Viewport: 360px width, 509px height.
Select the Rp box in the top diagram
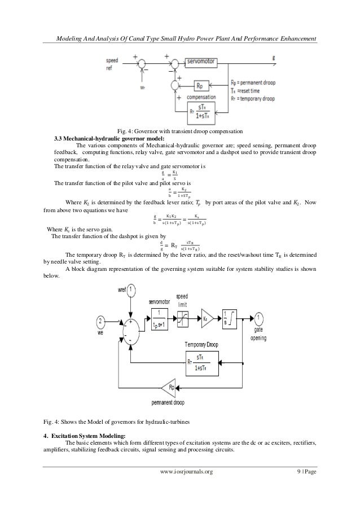point(200,86)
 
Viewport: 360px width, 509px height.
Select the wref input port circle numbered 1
point(131,291)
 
